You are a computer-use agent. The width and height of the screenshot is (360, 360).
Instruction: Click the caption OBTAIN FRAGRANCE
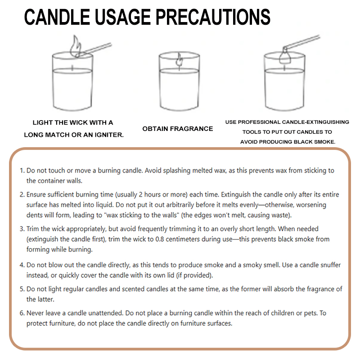tap(178, 129)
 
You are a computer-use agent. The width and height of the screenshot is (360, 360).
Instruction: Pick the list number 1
tap(22, 171)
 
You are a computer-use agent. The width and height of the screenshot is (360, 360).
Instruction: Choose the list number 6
tap(22, 312)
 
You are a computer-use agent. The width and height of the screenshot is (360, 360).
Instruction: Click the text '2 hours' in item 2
tap(146, 195)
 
